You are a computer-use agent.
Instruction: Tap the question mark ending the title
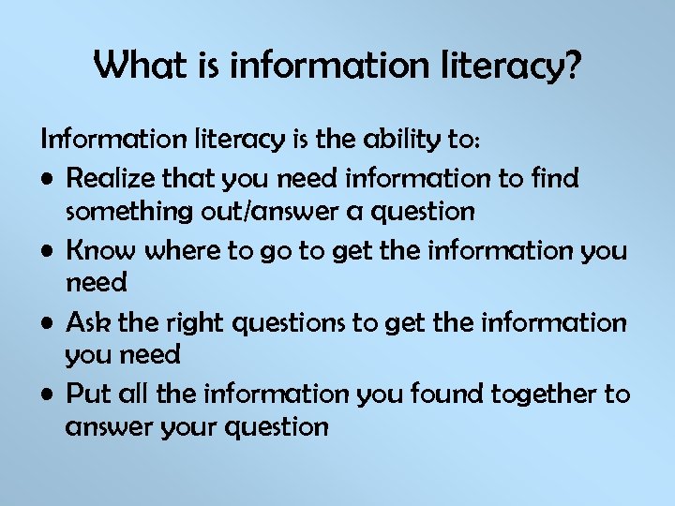tap(573, 66)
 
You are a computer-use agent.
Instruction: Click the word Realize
tap(111, 177)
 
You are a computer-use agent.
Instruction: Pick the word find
tap(556, 177)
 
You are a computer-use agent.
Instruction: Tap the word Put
tap(88, 394)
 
